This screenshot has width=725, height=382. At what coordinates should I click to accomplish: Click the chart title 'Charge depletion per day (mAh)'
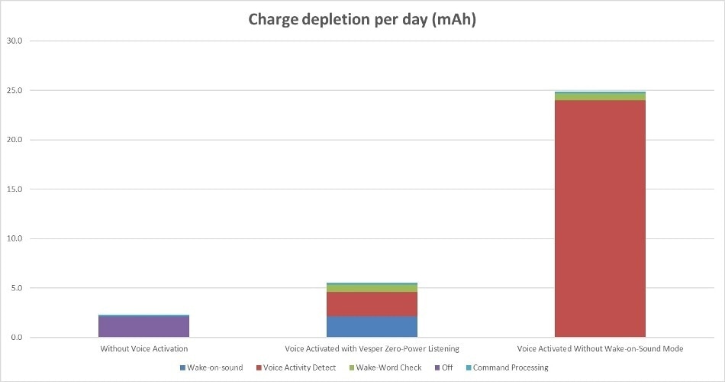(362, 20)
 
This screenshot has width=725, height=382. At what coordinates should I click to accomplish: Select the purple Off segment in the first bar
(143, 327)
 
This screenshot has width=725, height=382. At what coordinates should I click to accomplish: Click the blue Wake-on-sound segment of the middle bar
(372, 327)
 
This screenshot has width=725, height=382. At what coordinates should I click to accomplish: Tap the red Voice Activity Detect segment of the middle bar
(372, 304)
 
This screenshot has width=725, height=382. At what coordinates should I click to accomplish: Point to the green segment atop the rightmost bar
(600, 97)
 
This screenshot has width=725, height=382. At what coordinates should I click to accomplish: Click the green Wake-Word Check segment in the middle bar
(372, 288)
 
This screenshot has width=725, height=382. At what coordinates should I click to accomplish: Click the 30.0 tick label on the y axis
(14, 41)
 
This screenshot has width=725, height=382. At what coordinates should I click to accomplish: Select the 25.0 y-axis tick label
(14, 91)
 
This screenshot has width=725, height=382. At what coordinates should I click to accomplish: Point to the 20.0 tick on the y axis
(14, 141)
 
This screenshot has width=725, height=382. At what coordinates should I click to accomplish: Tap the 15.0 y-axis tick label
(14, 189)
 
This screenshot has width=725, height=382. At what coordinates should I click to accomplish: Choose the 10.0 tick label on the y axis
(14, 239)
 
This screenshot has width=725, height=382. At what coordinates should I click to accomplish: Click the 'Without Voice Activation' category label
(143, 349)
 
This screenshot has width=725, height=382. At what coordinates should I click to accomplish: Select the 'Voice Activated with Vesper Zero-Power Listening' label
(372, 349)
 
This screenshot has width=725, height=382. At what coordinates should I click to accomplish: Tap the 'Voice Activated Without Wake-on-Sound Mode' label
(600, 349)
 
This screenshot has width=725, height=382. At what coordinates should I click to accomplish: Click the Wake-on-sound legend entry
(211, 368)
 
